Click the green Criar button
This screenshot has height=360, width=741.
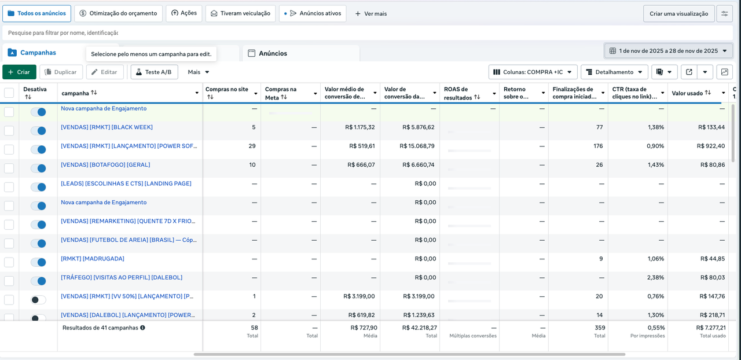click(x=19, y=72)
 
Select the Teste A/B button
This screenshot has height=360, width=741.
click(x=154, y=72)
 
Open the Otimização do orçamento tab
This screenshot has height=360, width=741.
click(x=118, y=13)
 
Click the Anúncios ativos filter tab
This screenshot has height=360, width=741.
click(x=313, y=13)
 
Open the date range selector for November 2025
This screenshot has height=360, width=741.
click(x=668, y=51)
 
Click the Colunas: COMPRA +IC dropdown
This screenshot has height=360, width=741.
click(x=533, y=72)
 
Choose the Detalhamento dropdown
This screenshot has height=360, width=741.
click(x=614, y=72)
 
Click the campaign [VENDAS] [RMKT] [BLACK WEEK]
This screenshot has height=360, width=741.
click(x=107, y=127)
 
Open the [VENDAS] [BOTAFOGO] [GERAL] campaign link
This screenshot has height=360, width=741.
click(x=105, y=165)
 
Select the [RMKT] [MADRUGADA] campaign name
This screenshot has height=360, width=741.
click(x=93, y=259)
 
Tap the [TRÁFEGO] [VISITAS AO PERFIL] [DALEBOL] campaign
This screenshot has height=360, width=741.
click(x=122, y=277)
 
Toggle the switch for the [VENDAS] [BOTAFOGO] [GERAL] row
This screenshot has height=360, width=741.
click(x=38, y=168)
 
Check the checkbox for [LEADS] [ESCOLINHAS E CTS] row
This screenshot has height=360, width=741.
click(x=9, y=187)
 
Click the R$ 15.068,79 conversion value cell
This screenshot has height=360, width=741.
click(x=417, y=146)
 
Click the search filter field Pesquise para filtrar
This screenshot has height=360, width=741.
click(x=232, y=33)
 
